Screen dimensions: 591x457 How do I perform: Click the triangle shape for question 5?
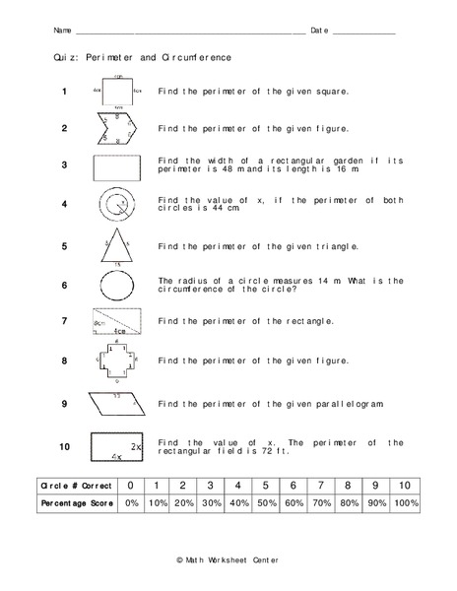click(x=117, y=247)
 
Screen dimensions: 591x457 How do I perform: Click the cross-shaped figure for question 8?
click(x=117, y=361)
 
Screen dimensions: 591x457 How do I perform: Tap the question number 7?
click(x=64, y=321)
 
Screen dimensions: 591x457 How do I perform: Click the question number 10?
click(x=64, y=446)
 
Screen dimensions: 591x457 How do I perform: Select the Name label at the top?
click(x=62, y=31)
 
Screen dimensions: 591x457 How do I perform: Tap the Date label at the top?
click(x=319, y=31)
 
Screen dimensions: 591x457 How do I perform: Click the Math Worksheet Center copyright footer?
click(x=228, y=558)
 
